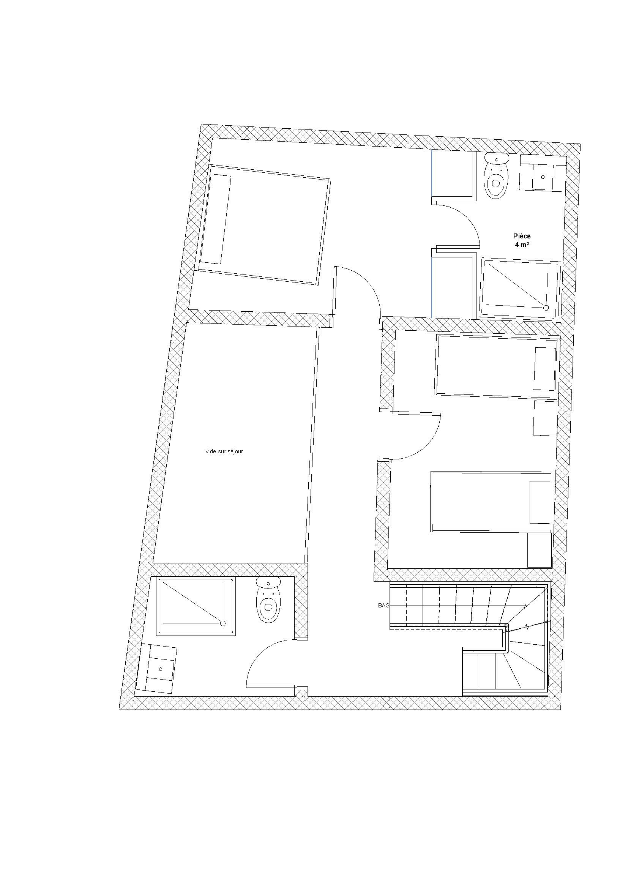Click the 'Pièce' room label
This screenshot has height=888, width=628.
(522, 236)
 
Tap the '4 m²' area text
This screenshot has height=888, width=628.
(522, 245)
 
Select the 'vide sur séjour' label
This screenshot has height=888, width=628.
(224, 451)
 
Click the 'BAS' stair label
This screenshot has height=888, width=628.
(383, 606)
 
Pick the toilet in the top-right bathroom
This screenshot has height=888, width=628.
(496, 176)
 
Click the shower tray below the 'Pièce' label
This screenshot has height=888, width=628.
(520, 289)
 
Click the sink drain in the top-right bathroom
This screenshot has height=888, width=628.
(543, 177)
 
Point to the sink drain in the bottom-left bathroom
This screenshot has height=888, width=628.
(161, 669)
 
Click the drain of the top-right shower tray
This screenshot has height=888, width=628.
(546, 308)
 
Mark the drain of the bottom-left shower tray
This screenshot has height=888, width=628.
(223, 623)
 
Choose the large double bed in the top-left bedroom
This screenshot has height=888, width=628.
(264, 225)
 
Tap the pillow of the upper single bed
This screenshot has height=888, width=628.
(544, 369)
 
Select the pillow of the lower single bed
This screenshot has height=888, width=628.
(540, 502)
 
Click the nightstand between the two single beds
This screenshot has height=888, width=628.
(545, 418)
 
